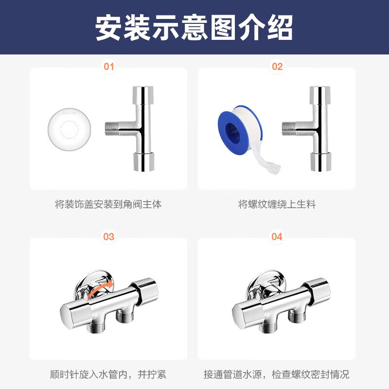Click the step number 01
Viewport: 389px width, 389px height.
coord(109,67)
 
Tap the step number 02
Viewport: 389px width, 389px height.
coord(277,67)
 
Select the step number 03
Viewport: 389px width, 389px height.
coord(109,237)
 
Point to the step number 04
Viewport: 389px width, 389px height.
coord(277,237)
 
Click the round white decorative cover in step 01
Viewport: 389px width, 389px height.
coord(69,129)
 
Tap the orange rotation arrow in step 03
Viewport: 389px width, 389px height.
coord(101,289)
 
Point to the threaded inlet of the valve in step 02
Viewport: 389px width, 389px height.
coord(288,128)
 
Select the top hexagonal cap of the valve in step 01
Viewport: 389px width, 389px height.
coord(143,95)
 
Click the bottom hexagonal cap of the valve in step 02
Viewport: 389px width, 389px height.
coord(321,162)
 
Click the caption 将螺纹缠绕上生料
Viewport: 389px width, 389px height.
coord(277,204)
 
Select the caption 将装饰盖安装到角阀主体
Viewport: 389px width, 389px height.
coord(108,204)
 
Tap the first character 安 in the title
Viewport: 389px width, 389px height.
coord(108,28)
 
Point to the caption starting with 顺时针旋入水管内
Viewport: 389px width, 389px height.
coord(108,374)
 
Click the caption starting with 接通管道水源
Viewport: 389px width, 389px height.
coord(277,374)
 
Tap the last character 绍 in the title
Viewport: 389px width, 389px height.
coord(280,28)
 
